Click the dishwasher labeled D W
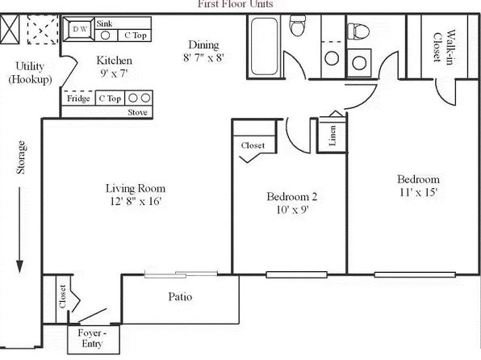click(x=79, y=29)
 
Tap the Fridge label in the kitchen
click(x=78, y=98)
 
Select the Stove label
click(x=137, y=112)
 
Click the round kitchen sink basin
click(x=105, y=36)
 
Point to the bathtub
click(x=264, y=46)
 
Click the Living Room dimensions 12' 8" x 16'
click(x=136, y=201)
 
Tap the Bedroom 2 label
click(x=291, y=196)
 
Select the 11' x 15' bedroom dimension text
click(x=418, y=192)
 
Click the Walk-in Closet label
click(x=443, y=47)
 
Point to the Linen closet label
click(x=333, y=136)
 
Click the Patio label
click(x=180, y=297)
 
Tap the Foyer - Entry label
click(x=92, y=338)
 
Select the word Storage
click(x=21, y=157)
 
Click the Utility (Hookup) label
click(x=30, y=73)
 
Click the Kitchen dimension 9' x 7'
click(x=114, y=73)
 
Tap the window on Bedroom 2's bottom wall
click(x=297, y=274)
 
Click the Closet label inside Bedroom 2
click(x=253, y=145)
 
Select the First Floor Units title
click(x=236, y=4)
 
